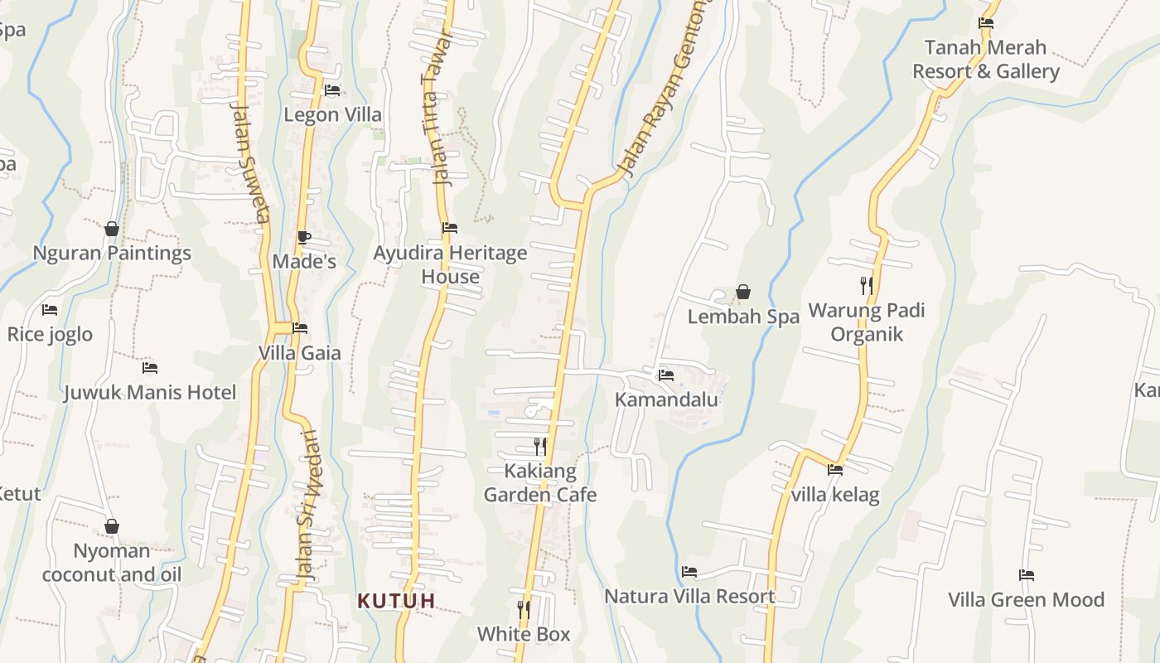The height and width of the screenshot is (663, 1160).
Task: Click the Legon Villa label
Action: click(333, 114)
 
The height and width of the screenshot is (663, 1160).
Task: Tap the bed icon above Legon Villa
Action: click(332, 90)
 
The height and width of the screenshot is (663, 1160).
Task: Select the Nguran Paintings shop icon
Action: click(112, 229)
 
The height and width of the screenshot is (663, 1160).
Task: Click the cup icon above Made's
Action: click(304, 238)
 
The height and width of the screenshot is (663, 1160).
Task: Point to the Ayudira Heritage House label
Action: click(450, 264)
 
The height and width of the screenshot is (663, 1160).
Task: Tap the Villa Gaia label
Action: click(299, 353)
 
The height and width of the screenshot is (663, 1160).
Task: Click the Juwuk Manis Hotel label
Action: click(150, 392)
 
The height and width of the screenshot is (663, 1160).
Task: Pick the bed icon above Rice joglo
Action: click(50, 310)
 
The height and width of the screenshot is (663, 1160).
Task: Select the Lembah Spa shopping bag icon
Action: click(743, 292)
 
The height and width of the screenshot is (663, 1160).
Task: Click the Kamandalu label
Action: click(666, 399)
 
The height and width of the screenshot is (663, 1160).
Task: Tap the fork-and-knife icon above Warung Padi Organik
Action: click(867, 286)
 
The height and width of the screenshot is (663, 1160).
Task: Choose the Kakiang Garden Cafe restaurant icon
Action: click(540, 448)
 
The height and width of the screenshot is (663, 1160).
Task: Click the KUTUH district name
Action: click(396, 601)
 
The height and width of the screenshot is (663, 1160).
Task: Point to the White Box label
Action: click(524, 634)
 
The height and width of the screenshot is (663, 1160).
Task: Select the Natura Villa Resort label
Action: click(689, 596)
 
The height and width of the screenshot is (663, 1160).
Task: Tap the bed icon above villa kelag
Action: click(835, 470)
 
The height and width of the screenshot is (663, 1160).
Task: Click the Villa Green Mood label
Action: click(1026, 599)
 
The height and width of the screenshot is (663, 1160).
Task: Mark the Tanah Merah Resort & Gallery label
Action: click(986, 59)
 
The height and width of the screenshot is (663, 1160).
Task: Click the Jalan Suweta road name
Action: click(250, 163)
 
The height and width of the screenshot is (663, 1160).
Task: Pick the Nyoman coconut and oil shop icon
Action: click(112, 527)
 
